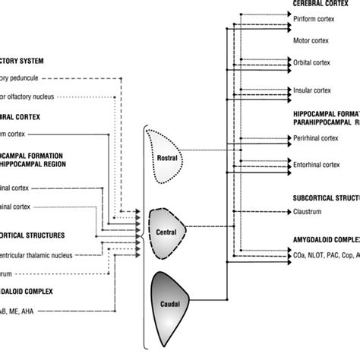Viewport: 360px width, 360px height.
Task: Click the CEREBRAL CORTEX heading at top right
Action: coord(324,5)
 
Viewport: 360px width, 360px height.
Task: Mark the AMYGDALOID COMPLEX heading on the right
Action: coord(325,238)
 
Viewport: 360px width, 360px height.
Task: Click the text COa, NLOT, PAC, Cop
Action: coord(323,257)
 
